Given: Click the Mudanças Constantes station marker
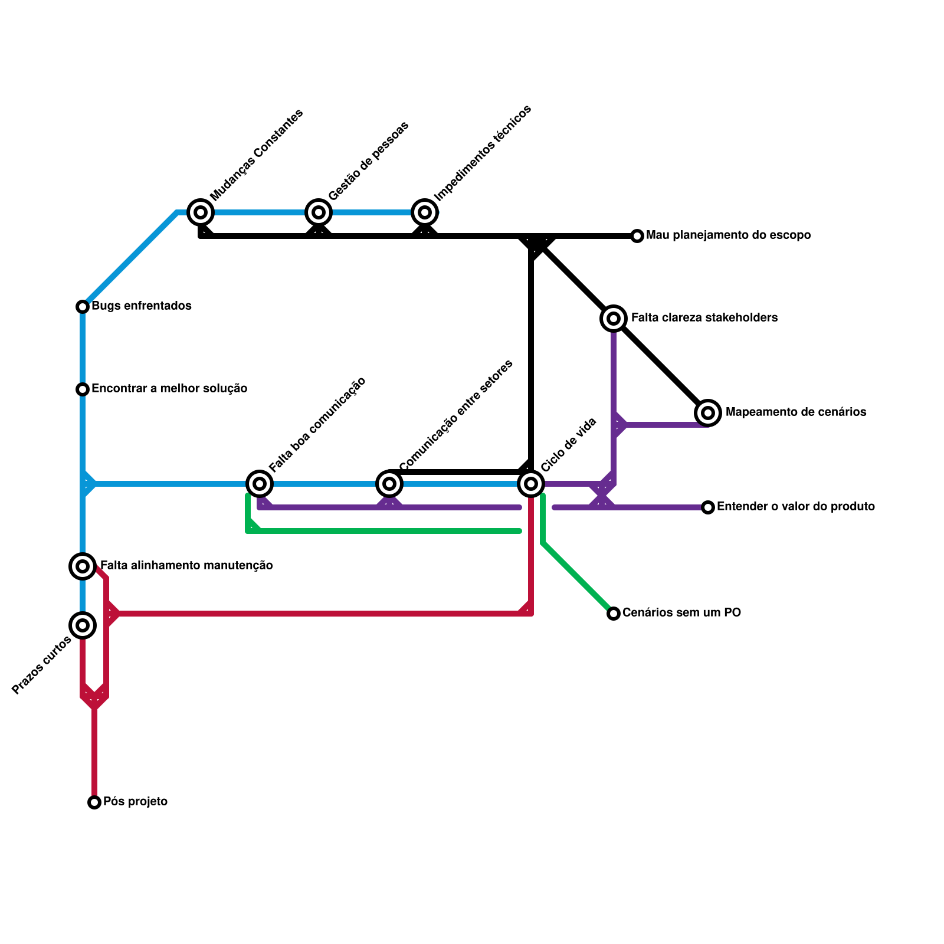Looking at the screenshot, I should click(x=201, y=212).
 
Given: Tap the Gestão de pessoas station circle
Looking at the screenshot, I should click(x=319, y=212).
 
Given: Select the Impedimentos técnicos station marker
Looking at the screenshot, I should click(x=425, y=212).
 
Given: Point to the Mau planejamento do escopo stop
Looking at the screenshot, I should click(x=637, y=236).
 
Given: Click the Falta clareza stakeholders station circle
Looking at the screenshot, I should click(x=614, y=319).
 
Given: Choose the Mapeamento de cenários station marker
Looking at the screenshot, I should click(x=708, y=413).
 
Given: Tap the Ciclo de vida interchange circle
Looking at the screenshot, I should click(x=531, y=484).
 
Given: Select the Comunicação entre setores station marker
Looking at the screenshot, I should click(x=389, y=484).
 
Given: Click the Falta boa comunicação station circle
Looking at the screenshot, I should click(x=260, y=484).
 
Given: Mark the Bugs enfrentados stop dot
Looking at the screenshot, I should click(x=83, y=307).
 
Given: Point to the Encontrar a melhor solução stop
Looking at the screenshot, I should click(x=83, y=389).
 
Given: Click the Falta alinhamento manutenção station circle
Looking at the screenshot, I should click(x=83, y=566).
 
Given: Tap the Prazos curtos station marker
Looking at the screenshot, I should click(x=83, y=625).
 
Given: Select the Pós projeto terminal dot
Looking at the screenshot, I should click(x=94, y=802).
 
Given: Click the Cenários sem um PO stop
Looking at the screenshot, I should click(x=614, y=614).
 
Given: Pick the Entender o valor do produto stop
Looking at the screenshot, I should click(x=708, y=507).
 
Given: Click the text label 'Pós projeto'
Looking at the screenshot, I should click(x=135, y=802).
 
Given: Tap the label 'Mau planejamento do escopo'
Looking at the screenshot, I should click(x=728, y=235).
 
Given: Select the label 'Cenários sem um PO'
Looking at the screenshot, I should click(x=681, y=613).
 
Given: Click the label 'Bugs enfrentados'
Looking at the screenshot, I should click(x=142, y=306).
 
